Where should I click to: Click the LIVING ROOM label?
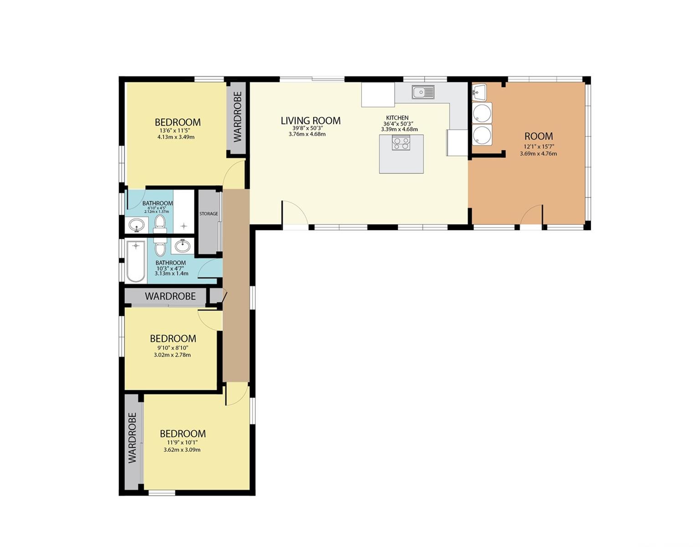pyautogui.click(x=310, y=121)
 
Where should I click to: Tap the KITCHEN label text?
pyautogui.click(x=397, y=118)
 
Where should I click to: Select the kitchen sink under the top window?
pyautogui.click(x=423, y=92)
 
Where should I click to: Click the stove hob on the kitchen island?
pyautogui.click(x=401, y=143)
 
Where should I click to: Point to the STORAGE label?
pyautogui.click(x=208, y=214)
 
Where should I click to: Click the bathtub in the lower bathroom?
pyautogui.click(x=136, y=261)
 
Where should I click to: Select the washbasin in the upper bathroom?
pyautogui.click(x=137, y=225)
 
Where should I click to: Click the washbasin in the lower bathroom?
pyautogui.click(x=183, y=247)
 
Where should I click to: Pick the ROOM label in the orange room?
pyautogui.click(x=538, y=136)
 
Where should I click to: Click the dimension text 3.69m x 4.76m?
pyautogui.click(x=538, y=154)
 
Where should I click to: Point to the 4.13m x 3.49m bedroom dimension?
pyautogui.click(x=176, y=137)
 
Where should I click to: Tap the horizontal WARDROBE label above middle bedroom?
pyautogui.click(x=170, y=296)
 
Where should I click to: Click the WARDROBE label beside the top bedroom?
pyautogui.click(x=237, y=117)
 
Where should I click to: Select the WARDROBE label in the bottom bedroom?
pyautogui.click(x=133, y=438)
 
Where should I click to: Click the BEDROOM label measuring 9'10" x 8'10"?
pyautogui.click(x=173, y=339)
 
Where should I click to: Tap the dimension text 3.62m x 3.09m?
pyautogui.click(x=182, y=450)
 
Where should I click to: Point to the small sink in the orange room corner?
pyautogui.click(x=479, y=92)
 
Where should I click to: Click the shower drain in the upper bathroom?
pyautogui.click(x=184, y=226)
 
